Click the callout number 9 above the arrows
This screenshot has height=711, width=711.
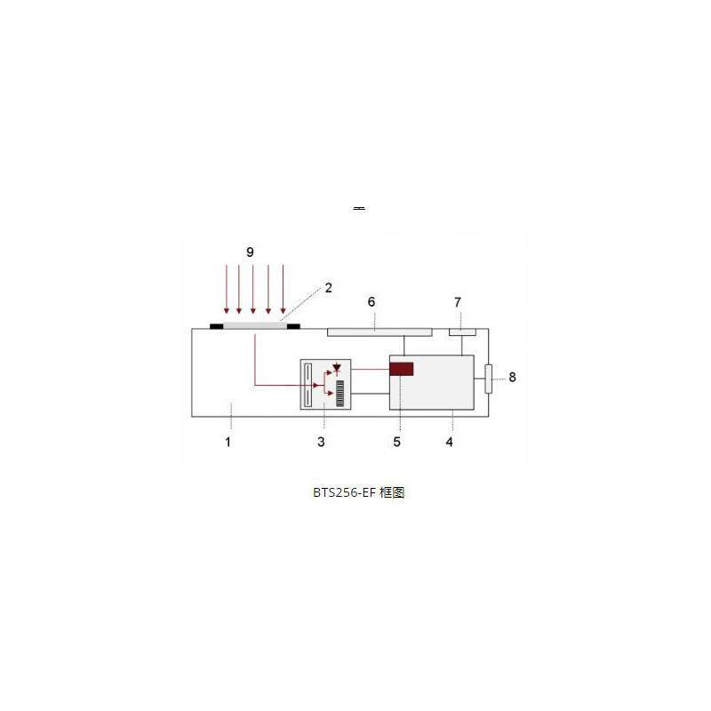(x=250, y=252)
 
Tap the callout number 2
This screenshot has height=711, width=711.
(x=328, y=287)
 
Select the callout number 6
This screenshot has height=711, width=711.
(x=372, y=302)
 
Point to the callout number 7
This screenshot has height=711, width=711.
(x=458, y=302)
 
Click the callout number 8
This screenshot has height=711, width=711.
(x=512, y=377)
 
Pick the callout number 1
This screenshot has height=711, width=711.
(x=228, y=441)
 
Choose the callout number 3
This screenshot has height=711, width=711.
(x=322, y=441)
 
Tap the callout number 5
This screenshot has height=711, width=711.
(x=397, y=441)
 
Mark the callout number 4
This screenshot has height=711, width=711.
(x=450, y=441)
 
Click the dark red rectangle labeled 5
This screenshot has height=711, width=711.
(x=402, y=369)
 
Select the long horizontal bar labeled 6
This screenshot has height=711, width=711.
(x=379, y=332)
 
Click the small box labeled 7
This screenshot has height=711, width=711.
(x=462, y=332)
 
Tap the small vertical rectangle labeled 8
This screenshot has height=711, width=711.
(x=488, y=379)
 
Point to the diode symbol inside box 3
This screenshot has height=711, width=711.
(x=336, y=369)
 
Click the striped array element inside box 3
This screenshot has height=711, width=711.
(x=340, y=392)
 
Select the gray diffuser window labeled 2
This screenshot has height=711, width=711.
(x=255, y=326)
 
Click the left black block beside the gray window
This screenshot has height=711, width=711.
(x=216, y=326)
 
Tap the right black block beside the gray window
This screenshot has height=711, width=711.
(x=294, y=326)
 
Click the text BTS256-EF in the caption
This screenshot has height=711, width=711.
(x=340, y=492)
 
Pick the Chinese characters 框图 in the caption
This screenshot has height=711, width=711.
(x=392, y=492)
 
